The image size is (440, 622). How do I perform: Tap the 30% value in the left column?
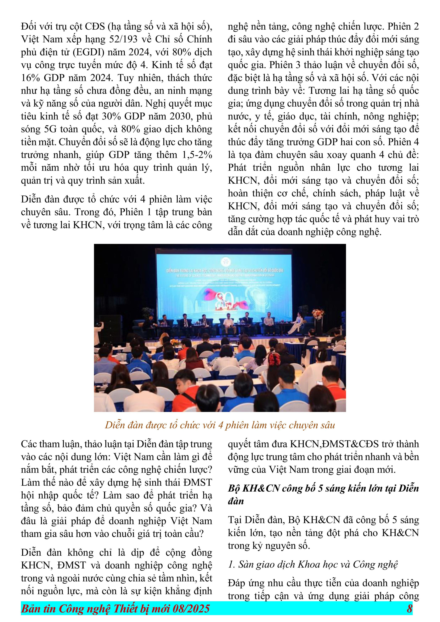pyautogui.click(x=111, y=117)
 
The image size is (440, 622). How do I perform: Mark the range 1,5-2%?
pyautogui.click(x=197, y=155)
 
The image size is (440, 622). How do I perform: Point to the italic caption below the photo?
pyautogui.click(x=220, y=425)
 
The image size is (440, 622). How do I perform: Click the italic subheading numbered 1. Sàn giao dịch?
pyautogui.click(x=313, y=565)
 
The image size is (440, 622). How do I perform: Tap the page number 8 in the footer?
pyautogui.click(x=409, y=609)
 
